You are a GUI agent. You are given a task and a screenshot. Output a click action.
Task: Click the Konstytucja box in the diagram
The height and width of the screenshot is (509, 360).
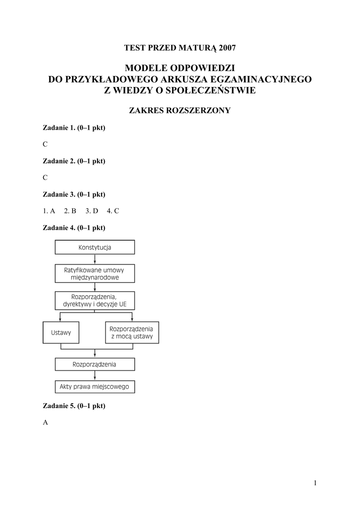(x=94, y=247)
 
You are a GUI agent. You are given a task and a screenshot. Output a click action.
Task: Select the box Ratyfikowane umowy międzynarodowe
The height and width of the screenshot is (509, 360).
(x=94, y=273)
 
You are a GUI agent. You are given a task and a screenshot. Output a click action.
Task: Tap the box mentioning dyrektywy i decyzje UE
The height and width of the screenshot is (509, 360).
(x=94, y=301)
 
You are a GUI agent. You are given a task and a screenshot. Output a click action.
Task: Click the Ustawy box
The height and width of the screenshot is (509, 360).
(x=61, y=333)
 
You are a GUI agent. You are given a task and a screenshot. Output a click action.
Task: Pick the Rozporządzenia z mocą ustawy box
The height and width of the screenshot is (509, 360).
(x=132, y=333)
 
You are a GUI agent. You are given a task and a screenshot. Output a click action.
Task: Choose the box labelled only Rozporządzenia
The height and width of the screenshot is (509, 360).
(x=94, y=364)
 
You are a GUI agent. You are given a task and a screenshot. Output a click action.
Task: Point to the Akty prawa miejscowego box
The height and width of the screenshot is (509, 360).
(x=94, y=386)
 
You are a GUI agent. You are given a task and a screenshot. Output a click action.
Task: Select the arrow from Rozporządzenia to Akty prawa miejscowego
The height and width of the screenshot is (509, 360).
(x=94, y=376)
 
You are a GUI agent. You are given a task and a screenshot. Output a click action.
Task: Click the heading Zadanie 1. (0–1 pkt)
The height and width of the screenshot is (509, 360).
(x=74, y=128)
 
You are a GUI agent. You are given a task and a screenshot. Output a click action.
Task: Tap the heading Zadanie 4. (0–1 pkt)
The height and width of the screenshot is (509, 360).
(x=74, y=228)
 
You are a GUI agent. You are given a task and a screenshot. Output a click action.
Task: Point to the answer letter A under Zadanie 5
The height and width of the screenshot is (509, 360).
(x=45, y=422)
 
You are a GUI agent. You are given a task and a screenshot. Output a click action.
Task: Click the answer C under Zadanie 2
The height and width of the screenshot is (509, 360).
(x=45, y=177)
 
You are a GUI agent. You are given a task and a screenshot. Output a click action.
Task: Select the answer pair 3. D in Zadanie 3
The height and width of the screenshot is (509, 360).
(x=92, y=211)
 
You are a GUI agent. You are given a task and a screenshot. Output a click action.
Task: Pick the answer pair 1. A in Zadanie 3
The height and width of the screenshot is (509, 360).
(x=49, y=211)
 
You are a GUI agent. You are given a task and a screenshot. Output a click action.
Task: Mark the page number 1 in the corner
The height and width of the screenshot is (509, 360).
(x=315, y=483)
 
